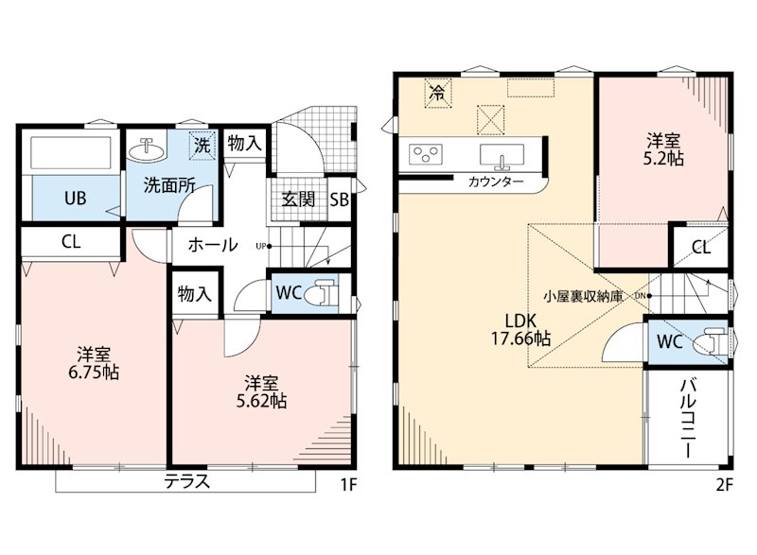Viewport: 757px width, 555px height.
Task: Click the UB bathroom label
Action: click(x=76, y=198)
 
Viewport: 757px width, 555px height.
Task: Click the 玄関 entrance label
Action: click(x=298, y=199)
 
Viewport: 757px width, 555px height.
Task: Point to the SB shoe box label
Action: click(x=340, y=199)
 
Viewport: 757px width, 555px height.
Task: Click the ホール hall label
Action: click(x=213, y=245)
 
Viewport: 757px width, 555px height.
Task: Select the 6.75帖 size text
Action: click(x=94, y=373)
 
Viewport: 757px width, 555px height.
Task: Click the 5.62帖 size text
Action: click(x=261, y=401)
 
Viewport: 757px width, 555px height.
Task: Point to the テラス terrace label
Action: click(x=186, y=480)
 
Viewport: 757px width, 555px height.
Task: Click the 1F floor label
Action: click(x=348, y=484)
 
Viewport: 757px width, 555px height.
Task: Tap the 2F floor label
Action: click(x=724, y=484)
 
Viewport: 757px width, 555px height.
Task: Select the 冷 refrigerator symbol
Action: click(x=438, y=92)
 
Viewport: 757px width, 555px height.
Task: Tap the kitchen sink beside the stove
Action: click(x=502, y=156)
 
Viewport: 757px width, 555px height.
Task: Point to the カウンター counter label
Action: click(x=496, y=182)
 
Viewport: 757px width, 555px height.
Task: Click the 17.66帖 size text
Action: click(x=521, y=339)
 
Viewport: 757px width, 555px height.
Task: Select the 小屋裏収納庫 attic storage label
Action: click(x=583, y=296)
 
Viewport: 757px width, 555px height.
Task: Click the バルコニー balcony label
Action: click(x=688, y=418)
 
